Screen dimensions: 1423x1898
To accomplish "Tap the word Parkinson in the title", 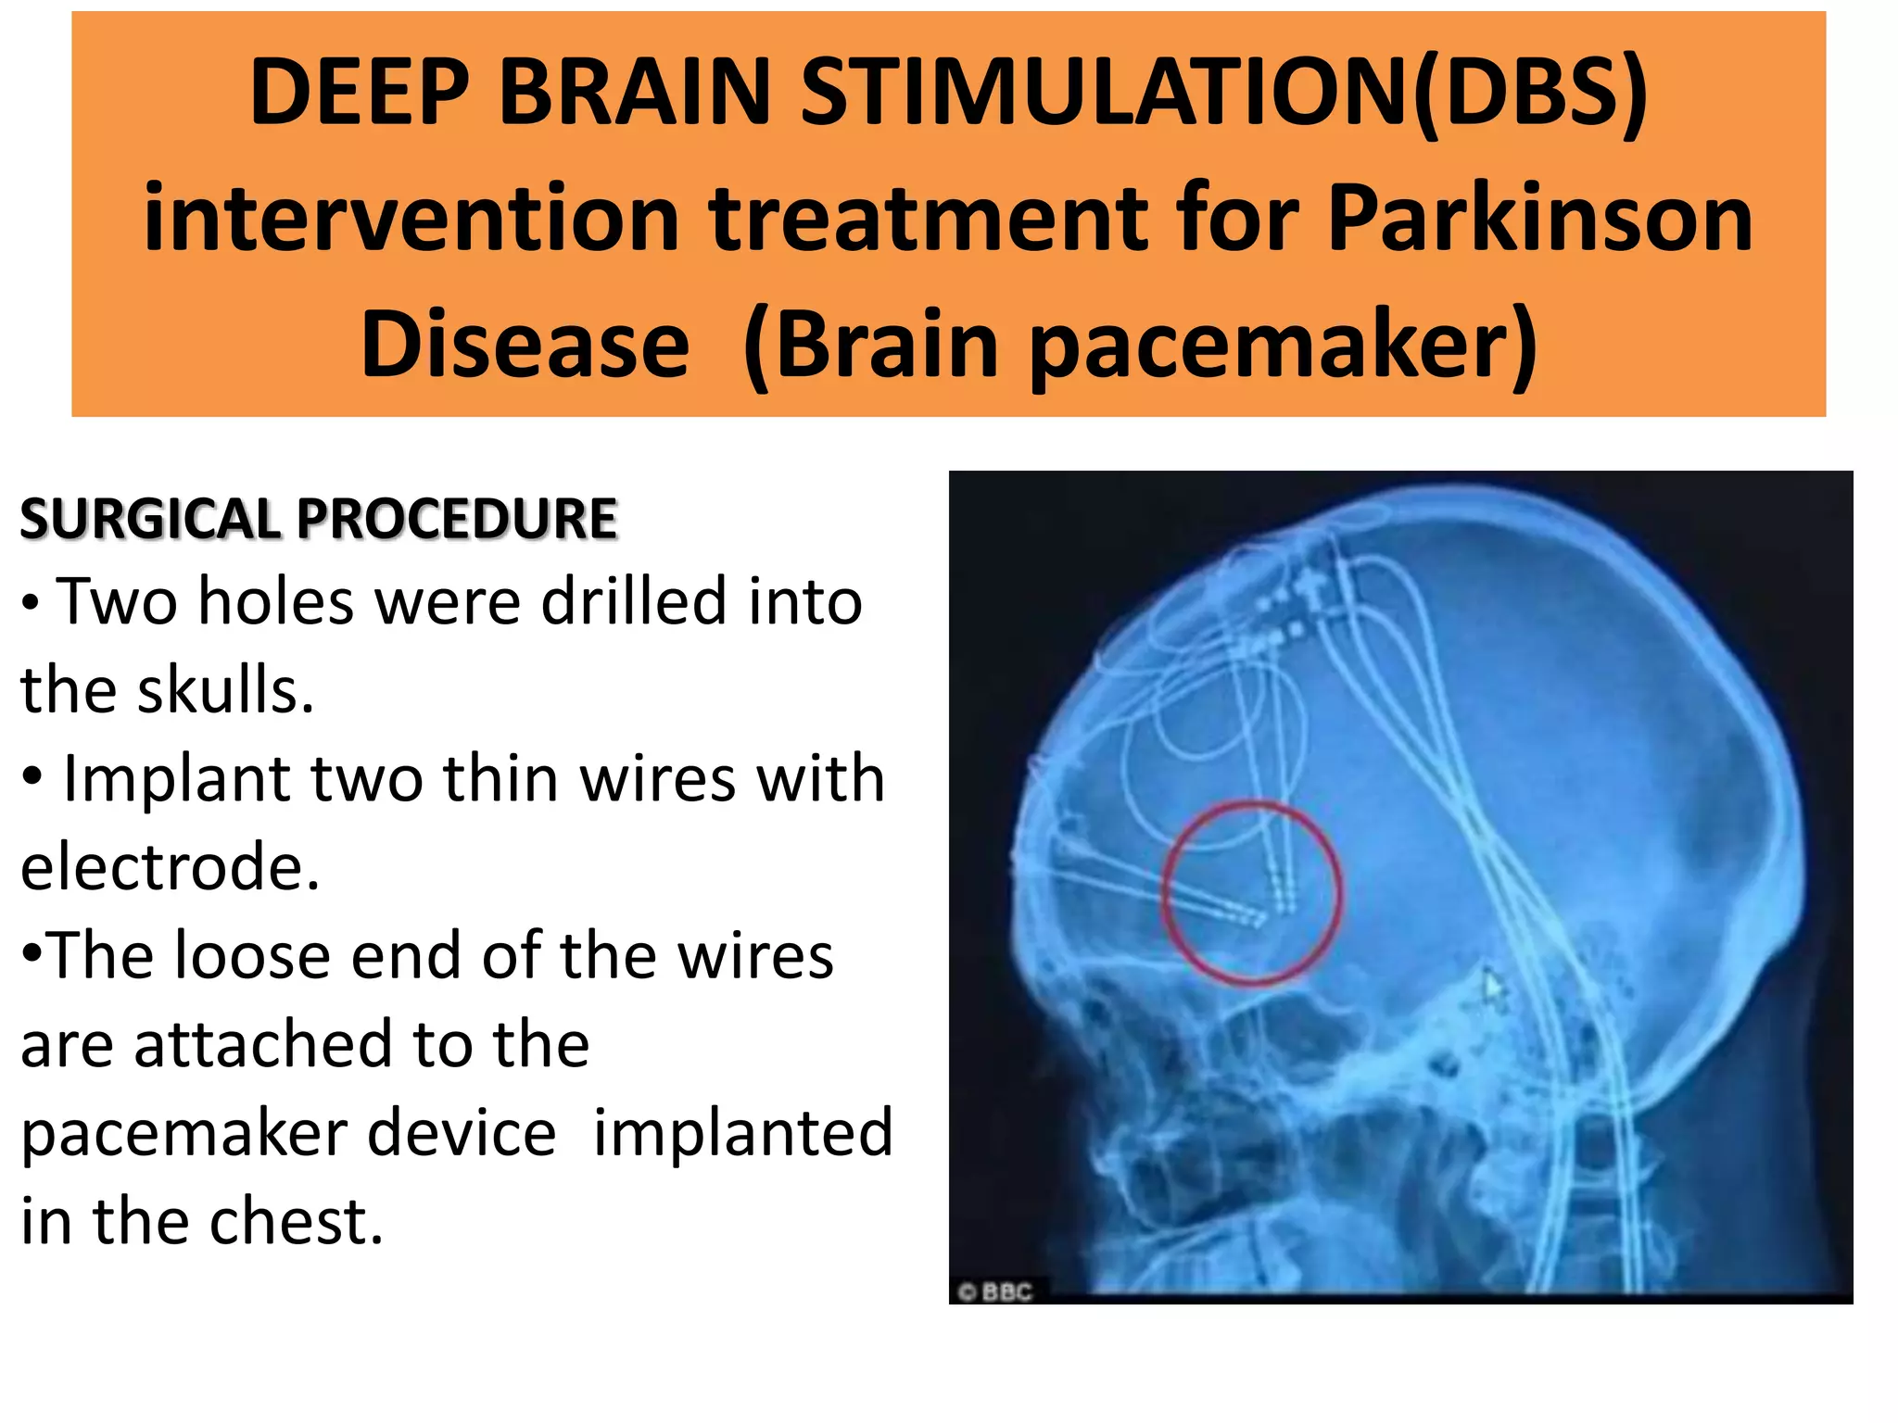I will coord(1539,219).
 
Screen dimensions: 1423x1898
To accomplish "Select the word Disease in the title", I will coord(525,345).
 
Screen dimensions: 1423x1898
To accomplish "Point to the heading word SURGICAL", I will coord(148,519).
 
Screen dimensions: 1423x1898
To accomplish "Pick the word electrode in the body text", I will coord(170,867).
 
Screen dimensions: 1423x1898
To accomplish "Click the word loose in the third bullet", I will coord(252,955).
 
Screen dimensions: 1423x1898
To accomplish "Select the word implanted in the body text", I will coord(742,1132).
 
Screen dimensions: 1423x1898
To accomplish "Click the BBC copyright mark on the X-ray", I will coord(996,1291).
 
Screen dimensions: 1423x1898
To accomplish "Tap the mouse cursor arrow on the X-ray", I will coord(1493,986).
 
